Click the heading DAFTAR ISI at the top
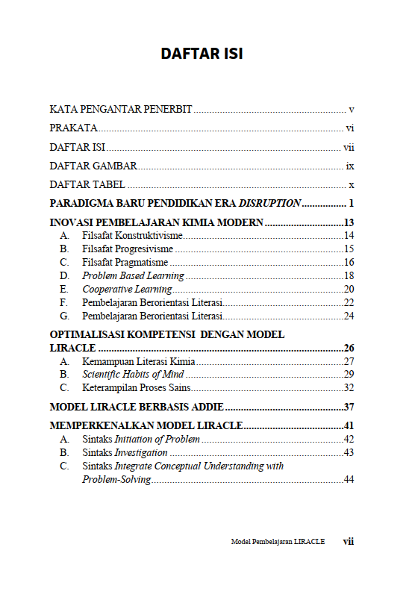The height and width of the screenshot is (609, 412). (202, 54)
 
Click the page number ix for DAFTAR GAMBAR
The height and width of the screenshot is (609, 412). (349, 166)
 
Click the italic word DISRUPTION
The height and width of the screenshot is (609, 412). (269, 203)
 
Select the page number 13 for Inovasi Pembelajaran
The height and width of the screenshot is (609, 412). (348, 222)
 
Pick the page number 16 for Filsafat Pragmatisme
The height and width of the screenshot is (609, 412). (349, 263)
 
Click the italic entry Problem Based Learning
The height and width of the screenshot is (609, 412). (134, 276)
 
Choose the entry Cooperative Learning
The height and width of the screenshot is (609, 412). (127, 290)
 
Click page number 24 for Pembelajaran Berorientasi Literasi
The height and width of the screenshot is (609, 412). (349, 316)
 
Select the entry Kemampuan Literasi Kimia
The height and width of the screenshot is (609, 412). (134, 361)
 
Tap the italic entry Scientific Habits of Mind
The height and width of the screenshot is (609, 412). (134, 375)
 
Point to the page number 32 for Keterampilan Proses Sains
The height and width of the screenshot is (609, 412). (349, 388)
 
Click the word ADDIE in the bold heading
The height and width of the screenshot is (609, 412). (206, 407)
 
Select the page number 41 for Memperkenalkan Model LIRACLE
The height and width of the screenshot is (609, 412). (348, 426)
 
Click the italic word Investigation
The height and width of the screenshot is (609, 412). (140, 453)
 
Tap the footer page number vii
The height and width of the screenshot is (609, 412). (348, 542)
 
